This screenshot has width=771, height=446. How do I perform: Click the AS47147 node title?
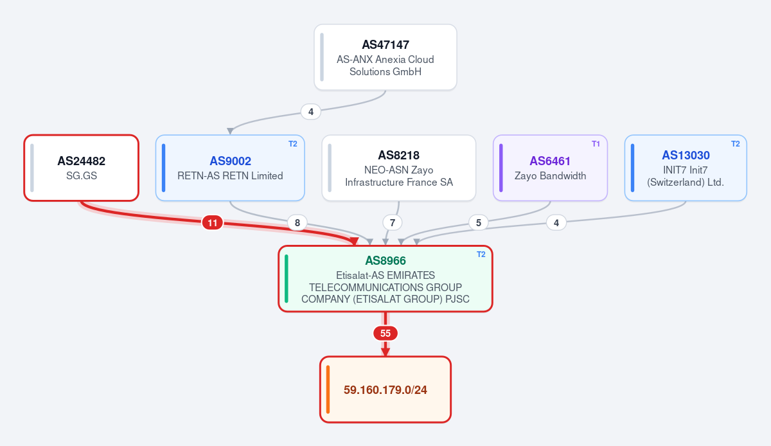(x=385, y=44)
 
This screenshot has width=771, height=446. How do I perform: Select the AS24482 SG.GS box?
(x=81, y=168)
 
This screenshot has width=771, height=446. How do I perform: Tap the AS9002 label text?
(x=230, y=161)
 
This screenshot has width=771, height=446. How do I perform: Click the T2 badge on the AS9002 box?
(x=292, y=143)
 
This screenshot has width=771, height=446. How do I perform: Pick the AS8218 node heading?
(x=398, y=155)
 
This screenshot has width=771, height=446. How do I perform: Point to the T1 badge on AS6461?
(x=596, y=143)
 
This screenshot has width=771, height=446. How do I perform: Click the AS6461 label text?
(x=550, y=161)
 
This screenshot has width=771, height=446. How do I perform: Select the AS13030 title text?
(x=686, y=155)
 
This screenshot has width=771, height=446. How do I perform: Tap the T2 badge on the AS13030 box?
(x=735, y=143)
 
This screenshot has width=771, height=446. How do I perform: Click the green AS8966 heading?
(x=385, y=260)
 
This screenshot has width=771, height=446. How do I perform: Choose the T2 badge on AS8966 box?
(x=481, y=254)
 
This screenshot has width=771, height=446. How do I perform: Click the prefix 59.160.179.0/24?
(x=385, y=389)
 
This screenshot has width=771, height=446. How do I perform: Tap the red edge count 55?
(x=385, y=333)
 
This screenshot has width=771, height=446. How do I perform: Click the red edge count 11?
(x=213, y=222)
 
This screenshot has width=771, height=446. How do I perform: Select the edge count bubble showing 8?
(x=297, y=222)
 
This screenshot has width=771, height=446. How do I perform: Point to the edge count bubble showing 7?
(x=392, y=222)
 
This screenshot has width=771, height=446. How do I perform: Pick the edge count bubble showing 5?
(x=478, y=222)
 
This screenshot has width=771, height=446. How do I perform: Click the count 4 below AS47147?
(x=310, y=112)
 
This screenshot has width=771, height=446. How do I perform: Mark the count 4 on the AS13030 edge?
(x=556, y=222)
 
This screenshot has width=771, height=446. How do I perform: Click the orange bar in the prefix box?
(x=328, y=389)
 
